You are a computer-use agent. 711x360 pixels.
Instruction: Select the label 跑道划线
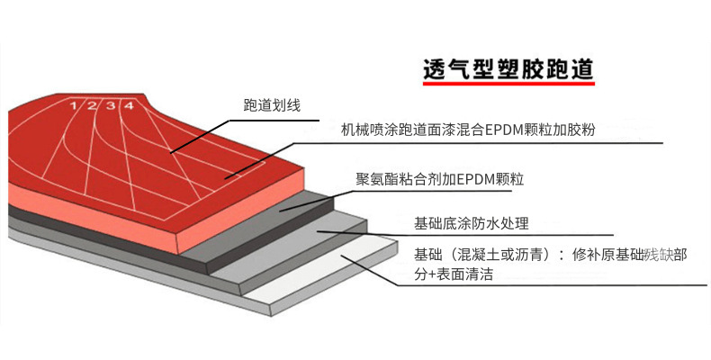tap(272, 105)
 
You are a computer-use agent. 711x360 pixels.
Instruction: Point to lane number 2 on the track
tap(93, 106)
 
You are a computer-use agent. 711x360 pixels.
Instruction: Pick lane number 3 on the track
tap(111, 106)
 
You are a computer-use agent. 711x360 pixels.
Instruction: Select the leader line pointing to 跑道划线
tap(207, 130)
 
